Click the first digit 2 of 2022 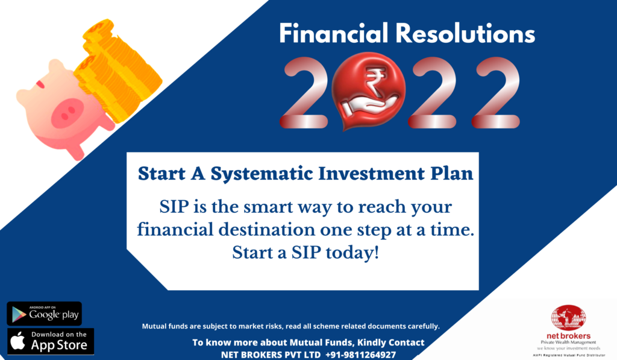coord(304,93)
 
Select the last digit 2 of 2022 coord(496,93)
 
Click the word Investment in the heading coord(371,173)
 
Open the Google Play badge coord(44,314)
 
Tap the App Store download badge coord(51,341)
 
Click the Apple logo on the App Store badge coord(17,341)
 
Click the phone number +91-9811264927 coord(360,355)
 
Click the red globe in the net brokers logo coord(569,318)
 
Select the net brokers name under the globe coord(569,336)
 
